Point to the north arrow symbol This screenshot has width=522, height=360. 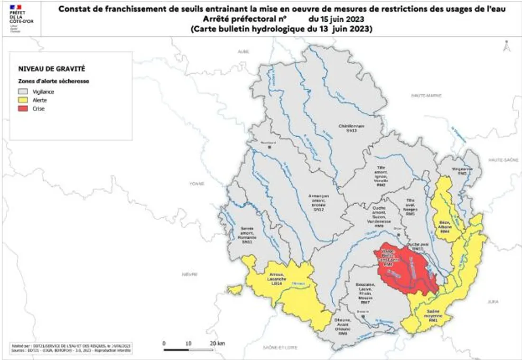(507, 46)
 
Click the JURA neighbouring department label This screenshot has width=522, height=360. (492, 301)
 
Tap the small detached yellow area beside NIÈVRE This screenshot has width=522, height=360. (233, 289)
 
